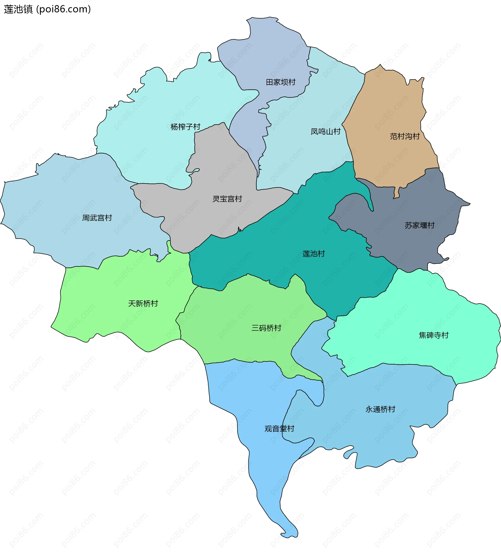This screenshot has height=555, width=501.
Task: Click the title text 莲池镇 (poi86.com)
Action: (47, 9)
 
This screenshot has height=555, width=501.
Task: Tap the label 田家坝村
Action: (280, 82)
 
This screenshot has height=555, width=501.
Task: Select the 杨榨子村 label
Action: (185, 127)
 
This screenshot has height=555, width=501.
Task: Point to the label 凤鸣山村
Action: (325, 132)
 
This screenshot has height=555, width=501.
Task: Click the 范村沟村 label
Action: (404, 136)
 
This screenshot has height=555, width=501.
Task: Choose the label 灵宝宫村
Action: (227, 199)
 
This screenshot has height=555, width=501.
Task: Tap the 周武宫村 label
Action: (97, 218)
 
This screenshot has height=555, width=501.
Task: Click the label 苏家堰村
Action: (419, 226)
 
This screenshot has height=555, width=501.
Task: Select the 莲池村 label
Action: (313, 254)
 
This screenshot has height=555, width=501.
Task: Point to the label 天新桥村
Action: (143, 304)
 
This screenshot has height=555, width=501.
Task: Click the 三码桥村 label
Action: (266, 328)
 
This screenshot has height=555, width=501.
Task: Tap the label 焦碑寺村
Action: (433, 335)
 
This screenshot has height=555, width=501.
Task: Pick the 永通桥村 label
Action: (380, 409)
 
